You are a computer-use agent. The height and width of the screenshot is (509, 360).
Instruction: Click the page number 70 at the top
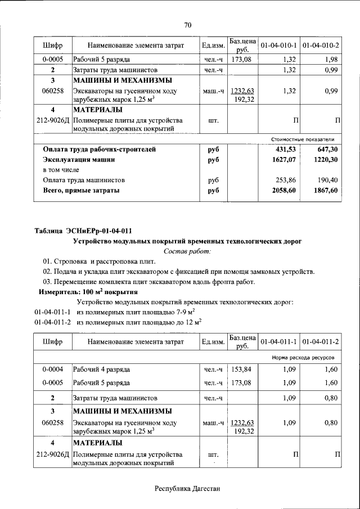(x=188, y=24)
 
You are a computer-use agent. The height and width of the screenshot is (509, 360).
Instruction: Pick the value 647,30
(x=326, y=150)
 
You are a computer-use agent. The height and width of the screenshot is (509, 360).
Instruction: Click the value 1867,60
(x=326, y=191)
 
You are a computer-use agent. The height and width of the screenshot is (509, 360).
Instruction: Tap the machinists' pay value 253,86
(x=286, y=181)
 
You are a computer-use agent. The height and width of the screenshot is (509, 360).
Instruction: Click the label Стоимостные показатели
(x=303, y=139)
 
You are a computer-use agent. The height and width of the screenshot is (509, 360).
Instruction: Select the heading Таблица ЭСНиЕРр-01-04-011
(x=83, y=231)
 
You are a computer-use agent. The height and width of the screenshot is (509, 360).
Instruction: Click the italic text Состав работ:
(x=187, y=251)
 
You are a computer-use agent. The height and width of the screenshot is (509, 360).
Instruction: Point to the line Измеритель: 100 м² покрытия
(x=87, y=292)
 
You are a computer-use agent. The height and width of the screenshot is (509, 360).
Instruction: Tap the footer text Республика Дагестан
(x=187, y=488)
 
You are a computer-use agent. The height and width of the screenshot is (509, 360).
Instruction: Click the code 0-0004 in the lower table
(x=52, y=370)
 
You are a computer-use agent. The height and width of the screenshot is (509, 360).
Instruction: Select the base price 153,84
(x=242, y=370)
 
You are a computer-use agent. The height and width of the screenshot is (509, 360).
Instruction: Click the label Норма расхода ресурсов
(x=303, y=357)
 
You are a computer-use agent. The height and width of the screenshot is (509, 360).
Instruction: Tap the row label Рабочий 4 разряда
(x=102, y=370)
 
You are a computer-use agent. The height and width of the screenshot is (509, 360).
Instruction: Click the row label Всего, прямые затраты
(x=81, y=191)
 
